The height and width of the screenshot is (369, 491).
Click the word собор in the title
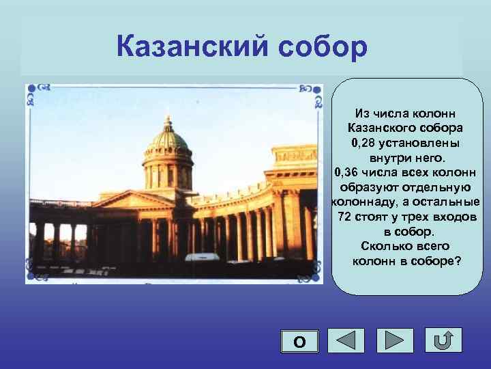(x=318, y=46)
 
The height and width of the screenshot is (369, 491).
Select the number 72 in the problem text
(x=346, y=217)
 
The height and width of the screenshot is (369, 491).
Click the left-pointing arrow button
(x=346, y=340)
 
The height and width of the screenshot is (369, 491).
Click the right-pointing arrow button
(x=395, y=340)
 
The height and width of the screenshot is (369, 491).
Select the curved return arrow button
(x=443, y=340)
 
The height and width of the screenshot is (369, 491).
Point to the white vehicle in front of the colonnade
(x=203, y=258)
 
